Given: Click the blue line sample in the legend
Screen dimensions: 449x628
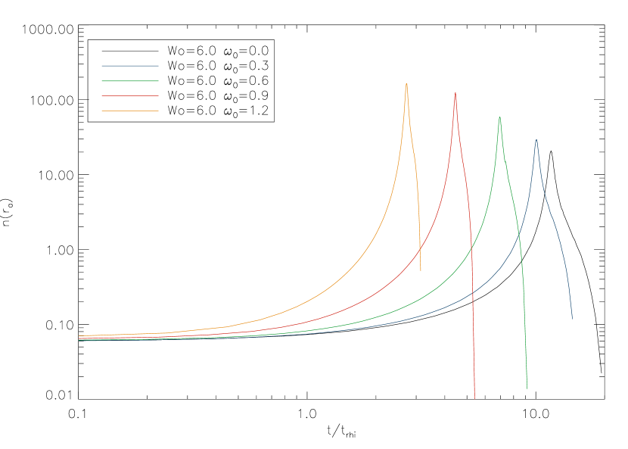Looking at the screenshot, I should tap(130, 66).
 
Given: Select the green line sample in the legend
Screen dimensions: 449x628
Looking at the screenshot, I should tap(130, 81).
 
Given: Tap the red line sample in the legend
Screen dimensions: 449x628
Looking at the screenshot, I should tap(130, 96).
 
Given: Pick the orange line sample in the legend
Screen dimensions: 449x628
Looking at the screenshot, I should tap(130, 111).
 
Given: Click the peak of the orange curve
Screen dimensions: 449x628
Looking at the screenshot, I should tap(406, 83).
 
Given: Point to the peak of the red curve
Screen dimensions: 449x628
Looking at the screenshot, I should tap(455, 92).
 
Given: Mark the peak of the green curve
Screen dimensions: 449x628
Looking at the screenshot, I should tap(499, 117).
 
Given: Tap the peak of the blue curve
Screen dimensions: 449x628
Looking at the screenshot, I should tap(536, 139).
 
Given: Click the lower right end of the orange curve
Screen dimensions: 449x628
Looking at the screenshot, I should tap(421, 270).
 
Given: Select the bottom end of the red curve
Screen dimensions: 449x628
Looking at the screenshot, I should tap(474, 398).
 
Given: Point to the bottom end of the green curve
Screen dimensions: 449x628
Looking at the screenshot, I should tap(527, 389).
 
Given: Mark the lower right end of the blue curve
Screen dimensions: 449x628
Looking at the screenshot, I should tap(572, 319).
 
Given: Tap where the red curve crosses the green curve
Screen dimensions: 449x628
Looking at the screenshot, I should tap(471, 248).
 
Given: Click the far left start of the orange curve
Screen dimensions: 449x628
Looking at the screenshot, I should tap(79, 335).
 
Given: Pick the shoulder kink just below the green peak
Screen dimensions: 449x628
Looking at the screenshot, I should tap(505, 167).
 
